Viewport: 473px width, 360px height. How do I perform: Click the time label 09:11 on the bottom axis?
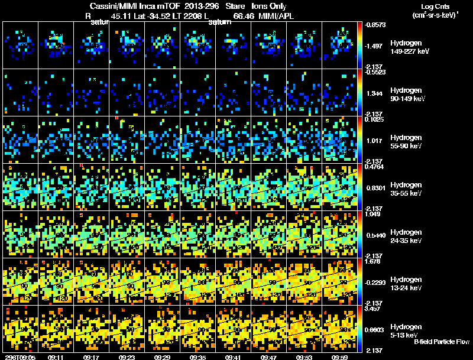tap(56, 357)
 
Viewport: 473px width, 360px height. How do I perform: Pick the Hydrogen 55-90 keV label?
tap(407, 142)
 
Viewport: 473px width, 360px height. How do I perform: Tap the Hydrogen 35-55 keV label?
tap(407, 189)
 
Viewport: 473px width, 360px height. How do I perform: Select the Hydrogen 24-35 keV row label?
tap(407, 236)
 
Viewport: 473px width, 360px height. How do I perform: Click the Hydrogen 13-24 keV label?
tap(407, 284)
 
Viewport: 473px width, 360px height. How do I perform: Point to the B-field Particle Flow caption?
tap(441, 342)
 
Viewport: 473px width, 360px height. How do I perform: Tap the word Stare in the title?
tap(228, 6)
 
